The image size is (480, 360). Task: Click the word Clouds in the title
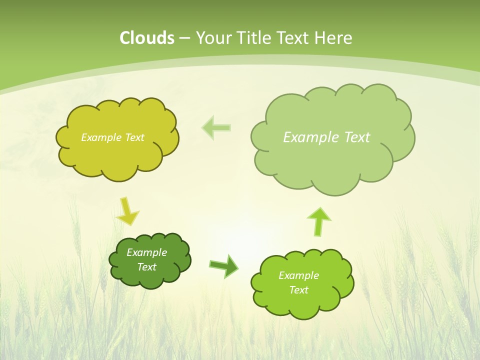(147, 37)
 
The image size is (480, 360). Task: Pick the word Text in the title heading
(294, 37)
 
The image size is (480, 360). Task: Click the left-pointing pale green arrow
(216, 128)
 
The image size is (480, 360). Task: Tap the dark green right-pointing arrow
(223, 265)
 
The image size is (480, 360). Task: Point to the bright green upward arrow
(319, 221)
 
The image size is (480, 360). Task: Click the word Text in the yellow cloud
(134, 137)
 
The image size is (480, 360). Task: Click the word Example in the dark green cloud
(146, 252)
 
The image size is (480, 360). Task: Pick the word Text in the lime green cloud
(298, 290)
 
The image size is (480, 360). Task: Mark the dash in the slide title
(184, 38)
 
